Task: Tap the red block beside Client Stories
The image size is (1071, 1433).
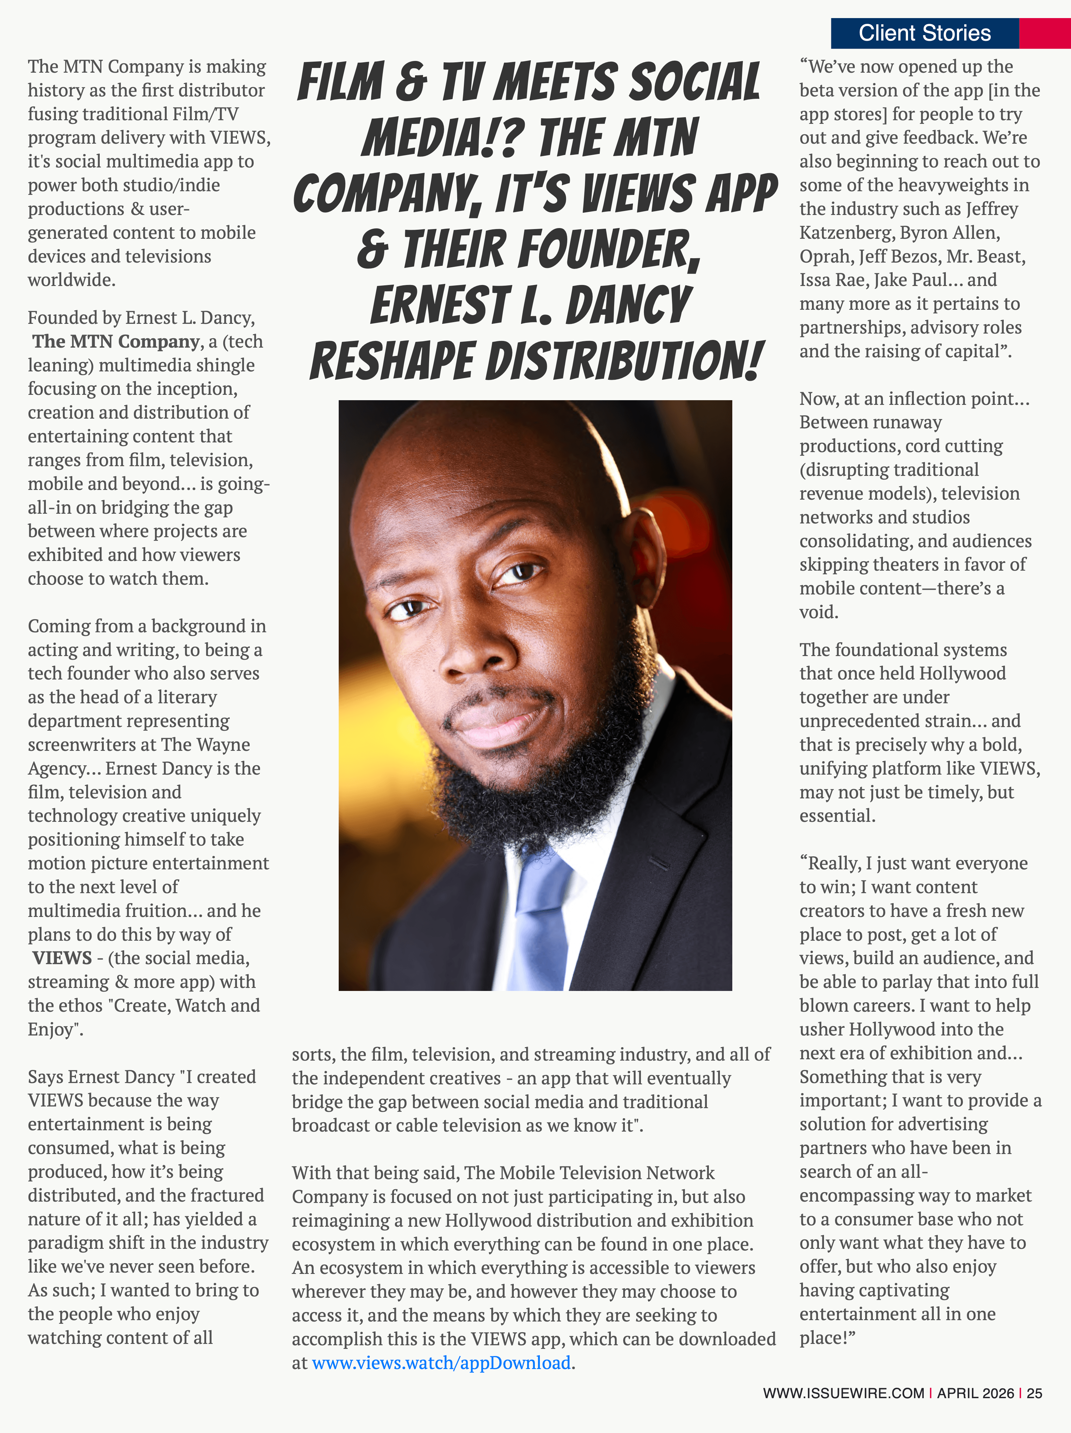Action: [x=1045, y=33]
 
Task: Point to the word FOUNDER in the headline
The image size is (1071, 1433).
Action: [x=550, y=250]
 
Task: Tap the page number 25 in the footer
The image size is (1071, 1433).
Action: [x=1034, y=1393]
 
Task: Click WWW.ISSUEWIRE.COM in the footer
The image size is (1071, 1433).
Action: [x=843, y=1393]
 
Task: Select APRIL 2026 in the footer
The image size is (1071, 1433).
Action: [x=975, y=1393]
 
